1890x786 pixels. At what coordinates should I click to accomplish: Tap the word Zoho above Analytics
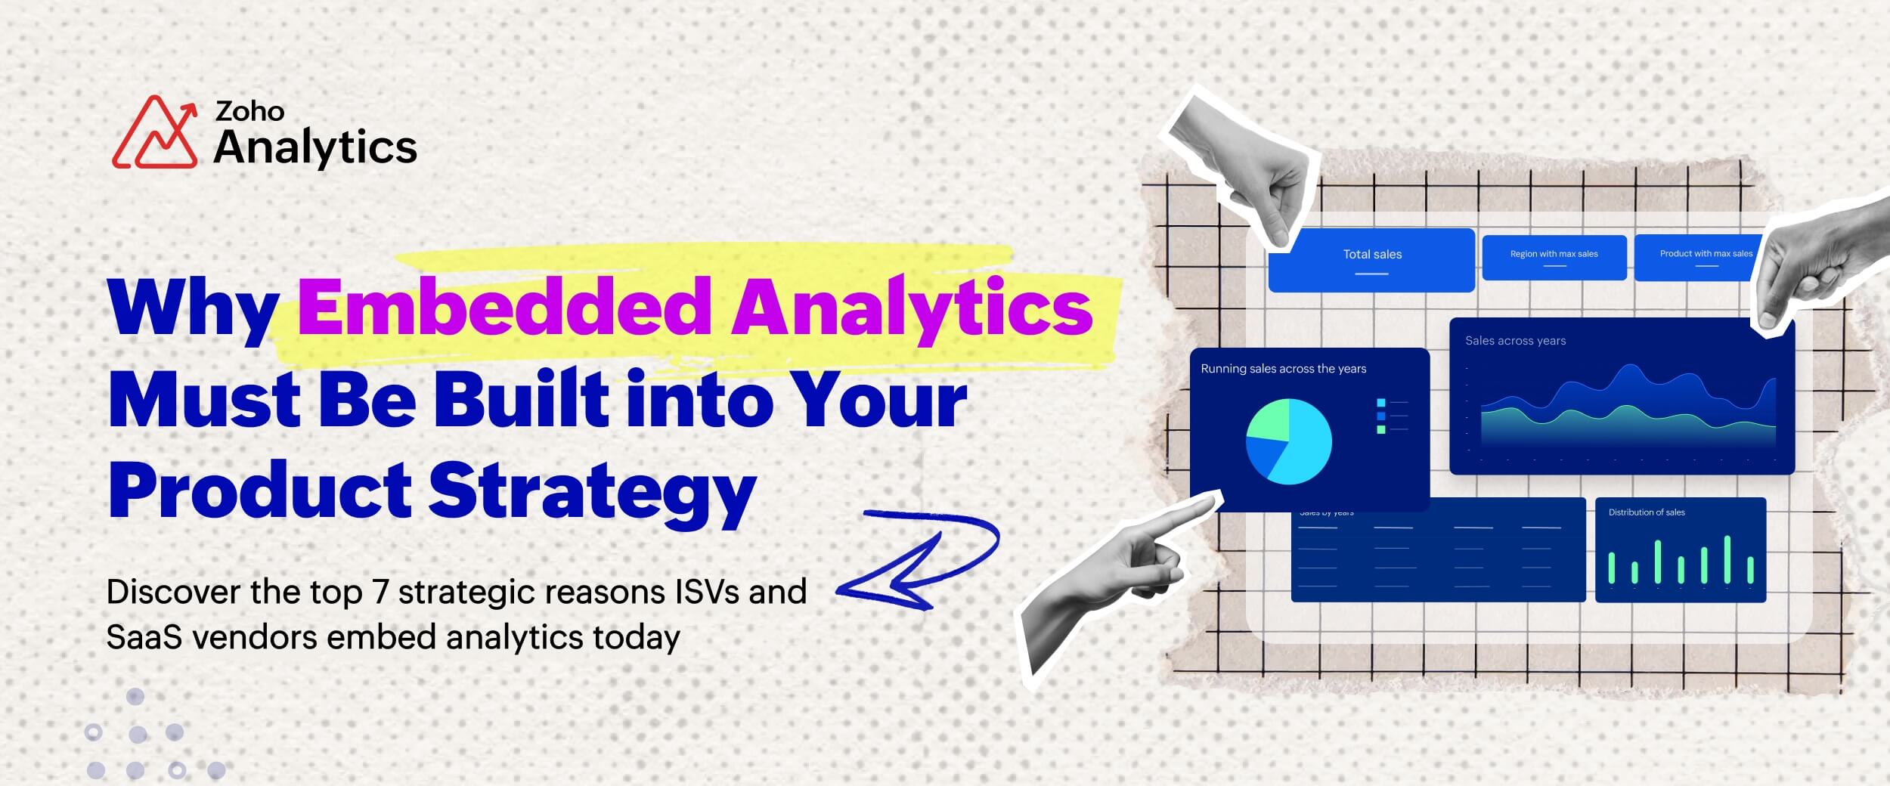tap(249, 111)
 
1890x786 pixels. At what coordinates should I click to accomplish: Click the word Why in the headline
tap(193, 308)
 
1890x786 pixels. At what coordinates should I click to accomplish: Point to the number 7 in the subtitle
tap(380, 592)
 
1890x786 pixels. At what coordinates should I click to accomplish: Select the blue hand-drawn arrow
tap(919, 559)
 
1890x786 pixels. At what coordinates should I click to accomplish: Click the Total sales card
tap(1372, 259)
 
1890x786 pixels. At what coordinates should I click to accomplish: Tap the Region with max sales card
tap(1554, 257)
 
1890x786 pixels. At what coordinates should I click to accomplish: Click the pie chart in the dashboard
tap(1288, 442)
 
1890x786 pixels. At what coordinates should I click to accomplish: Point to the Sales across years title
tap(1515, 341)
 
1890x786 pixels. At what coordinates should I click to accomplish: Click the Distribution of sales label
tap(1647, 512)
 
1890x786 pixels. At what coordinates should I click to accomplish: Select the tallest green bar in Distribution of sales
tap(1727, 559)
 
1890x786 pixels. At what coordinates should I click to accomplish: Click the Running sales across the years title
tap(1283, 369)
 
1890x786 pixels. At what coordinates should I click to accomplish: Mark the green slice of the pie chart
tap(1270, 422)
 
